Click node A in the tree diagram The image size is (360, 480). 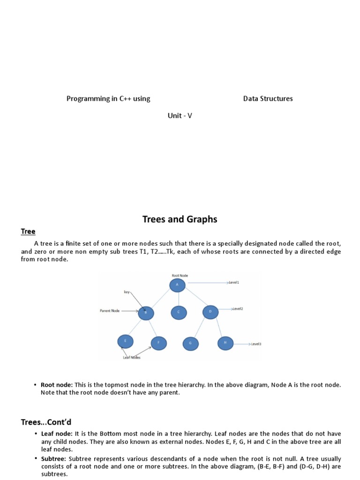178,285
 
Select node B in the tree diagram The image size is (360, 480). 146,312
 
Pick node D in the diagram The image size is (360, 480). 210,311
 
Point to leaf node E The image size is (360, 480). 125,342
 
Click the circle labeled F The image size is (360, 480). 158,343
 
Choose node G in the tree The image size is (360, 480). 190,343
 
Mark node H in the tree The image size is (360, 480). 225,343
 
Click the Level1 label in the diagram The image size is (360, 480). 234,283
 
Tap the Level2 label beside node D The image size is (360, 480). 238,309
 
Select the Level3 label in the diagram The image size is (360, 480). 256,344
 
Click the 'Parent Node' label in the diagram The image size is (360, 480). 110,311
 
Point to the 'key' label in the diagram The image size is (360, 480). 127,292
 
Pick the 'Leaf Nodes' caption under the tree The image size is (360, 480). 132,358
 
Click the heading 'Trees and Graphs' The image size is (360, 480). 180,219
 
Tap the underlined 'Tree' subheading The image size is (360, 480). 28,232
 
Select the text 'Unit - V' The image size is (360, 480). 180,116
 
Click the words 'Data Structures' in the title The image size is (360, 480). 268,98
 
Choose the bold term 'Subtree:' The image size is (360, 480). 53,458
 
